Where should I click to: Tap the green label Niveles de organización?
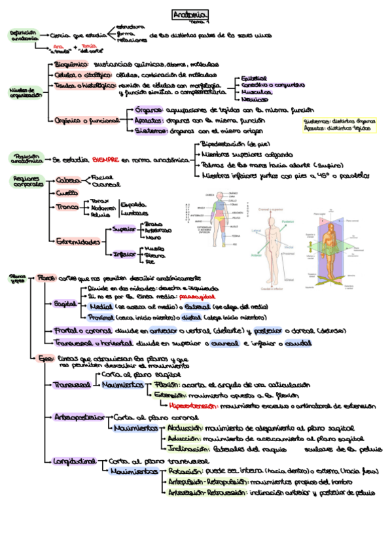coord(25,93)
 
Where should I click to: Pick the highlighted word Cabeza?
coord(69,180)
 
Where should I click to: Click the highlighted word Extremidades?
coord(77,242)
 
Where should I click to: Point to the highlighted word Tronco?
coord(67,207)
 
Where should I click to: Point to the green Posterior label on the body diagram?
coord(287,222)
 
